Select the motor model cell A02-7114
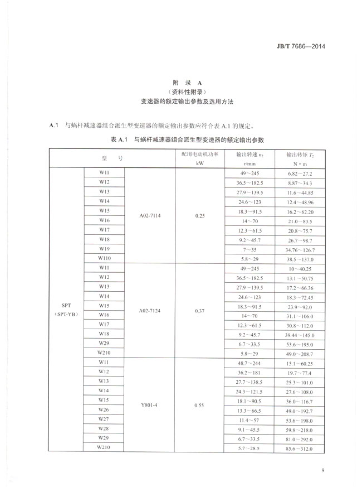point(150,215)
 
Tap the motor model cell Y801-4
point(150,406)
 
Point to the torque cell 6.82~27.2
point(300,173)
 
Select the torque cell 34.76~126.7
point(300,249)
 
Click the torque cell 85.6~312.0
point(300,449)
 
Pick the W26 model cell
point(104,411)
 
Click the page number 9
point(323,470)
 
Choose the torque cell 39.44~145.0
point(300,334)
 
